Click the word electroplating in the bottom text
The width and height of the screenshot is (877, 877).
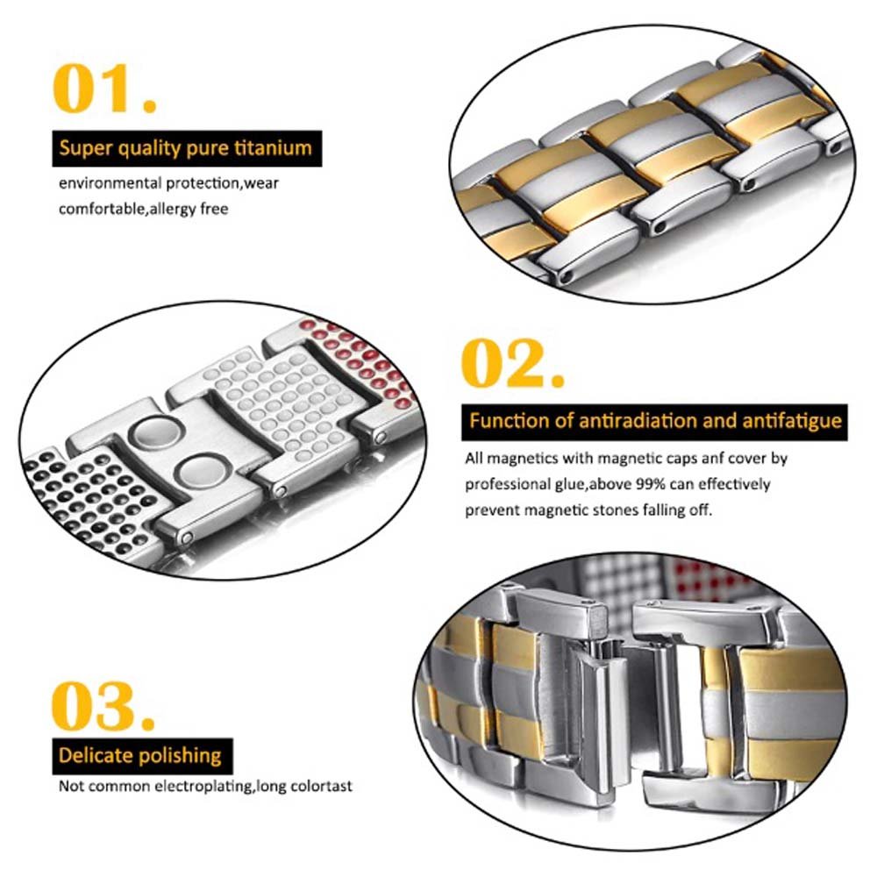coord(200,786)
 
